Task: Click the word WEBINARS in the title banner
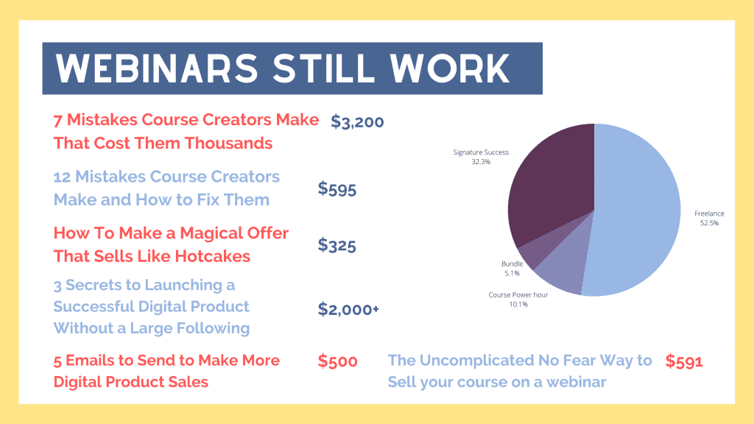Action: [157, 68]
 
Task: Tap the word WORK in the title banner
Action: [449, 68]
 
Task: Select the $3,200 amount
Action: [357, 121]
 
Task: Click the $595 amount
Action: [337, 189]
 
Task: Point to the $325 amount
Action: [337, 245]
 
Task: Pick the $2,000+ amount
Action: [348, 309]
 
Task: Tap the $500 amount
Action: [337, 361]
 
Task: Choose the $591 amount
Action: [684, 361]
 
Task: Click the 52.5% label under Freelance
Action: [709, 223]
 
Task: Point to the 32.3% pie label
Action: [481, 162]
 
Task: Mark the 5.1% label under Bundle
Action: [512, 274]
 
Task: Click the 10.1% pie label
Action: [518, 304]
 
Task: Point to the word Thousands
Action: [228, 144]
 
